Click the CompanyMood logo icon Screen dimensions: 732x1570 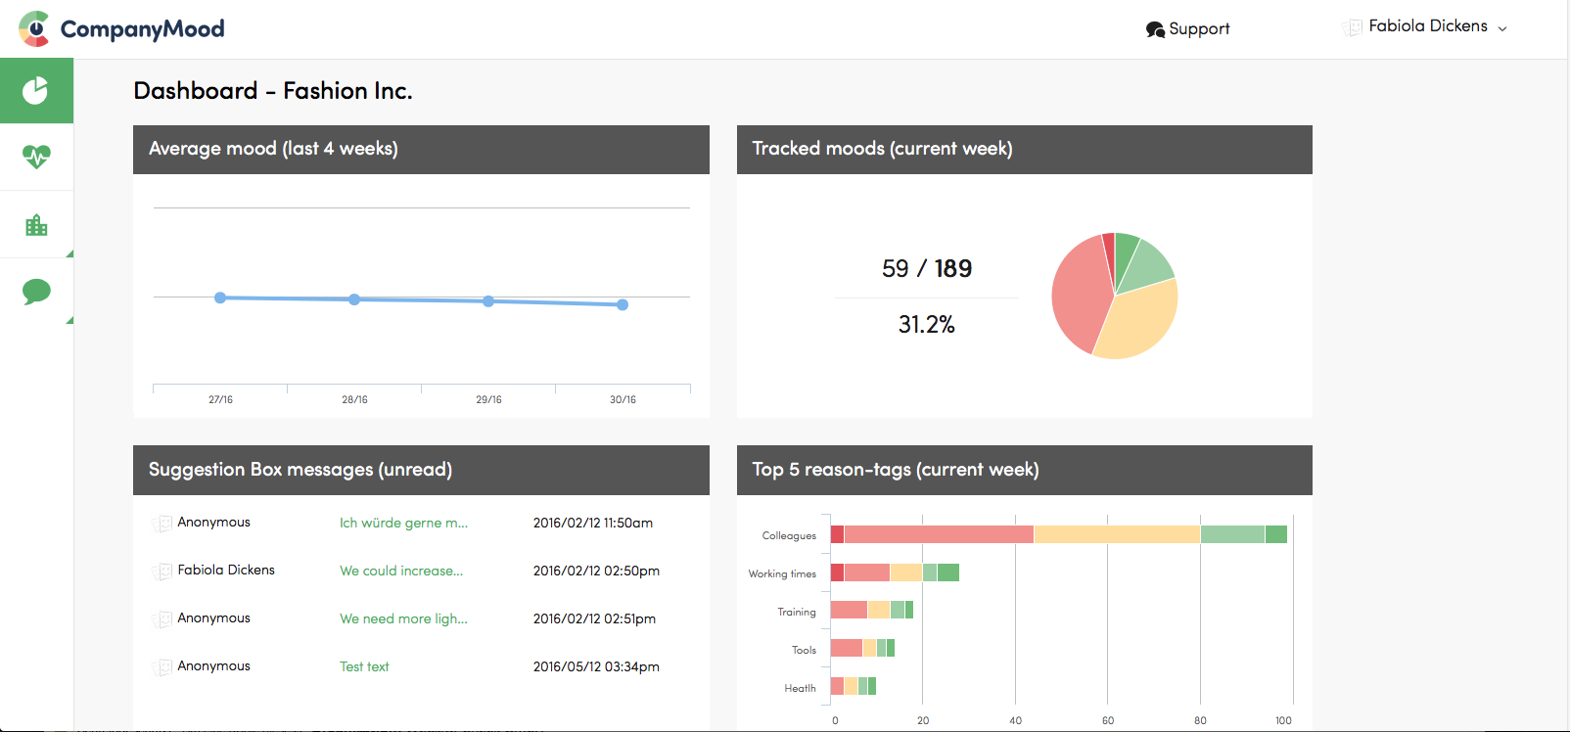[34, 29]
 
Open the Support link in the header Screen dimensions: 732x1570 [1187, 29]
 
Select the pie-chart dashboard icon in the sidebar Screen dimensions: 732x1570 [36, 91]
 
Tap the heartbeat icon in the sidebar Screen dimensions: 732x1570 [36, 157]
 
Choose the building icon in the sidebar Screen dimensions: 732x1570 [36, 225]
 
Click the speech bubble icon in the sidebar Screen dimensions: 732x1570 [36, 291]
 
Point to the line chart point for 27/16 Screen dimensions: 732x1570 [220, 297]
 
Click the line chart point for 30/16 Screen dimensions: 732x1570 [623, 304]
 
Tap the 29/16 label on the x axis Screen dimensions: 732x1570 [488, 399]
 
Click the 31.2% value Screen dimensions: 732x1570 [926, 325]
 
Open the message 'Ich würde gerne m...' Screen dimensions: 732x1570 [403, 523]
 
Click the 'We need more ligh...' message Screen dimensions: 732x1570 [403, 618]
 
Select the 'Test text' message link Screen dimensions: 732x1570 [364, 666]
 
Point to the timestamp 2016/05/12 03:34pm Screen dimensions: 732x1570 [596, 666]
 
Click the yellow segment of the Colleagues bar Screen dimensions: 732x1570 [1117, 534]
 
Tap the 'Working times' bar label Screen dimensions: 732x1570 [782, 573]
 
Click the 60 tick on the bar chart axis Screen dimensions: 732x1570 [1108, 720]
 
